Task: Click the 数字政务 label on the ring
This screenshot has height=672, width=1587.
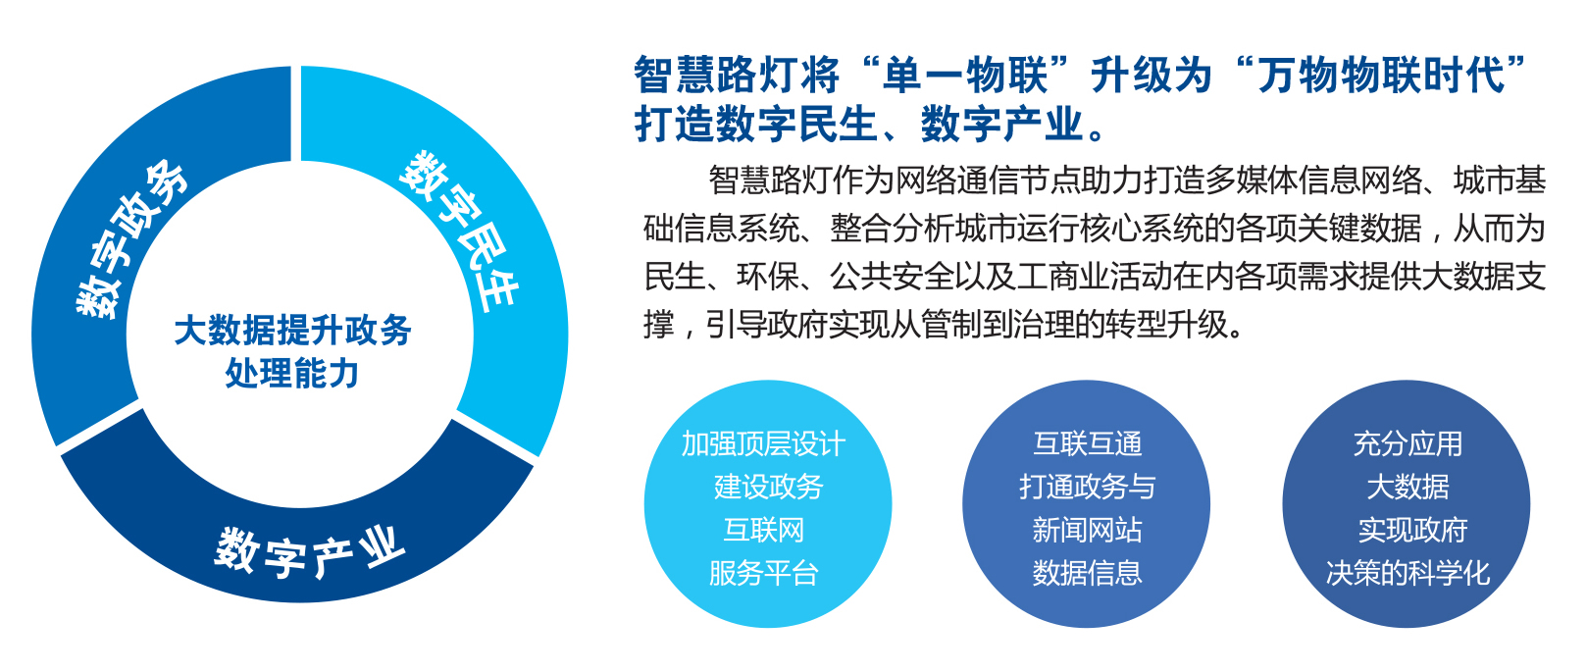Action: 132,239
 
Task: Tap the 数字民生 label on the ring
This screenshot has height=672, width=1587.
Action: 459,232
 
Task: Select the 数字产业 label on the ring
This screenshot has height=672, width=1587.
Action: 310,553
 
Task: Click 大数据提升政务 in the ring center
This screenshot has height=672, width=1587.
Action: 292,331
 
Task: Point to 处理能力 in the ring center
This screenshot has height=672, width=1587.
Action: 292,374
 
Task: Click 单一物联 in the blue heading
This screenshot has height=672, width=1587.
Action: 965,76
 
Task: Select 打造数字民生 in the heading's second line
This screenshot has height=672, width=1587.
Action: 756,125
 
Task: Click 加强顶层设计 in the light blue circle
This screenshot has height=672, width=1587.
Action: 764,444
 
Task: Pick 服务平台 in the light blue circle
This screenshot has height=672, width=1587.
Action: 764,573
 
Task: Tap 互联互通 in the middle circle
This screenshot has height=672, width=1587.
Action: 1088,444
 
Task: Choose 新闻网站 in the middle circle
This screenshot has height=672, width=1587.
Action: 1088,530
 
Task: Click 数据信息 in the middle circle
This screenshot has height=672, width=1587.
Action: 1088,573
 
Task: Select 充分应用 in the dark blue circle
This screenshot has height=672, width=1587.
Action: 1408,444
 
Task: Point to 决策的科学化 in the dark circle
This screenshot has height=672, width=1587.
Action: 1408,573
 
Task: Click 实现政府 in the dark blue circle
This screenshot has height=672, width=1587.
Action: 1412,530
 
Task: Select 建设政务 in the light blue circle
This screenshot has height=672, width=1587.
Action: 769,487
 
